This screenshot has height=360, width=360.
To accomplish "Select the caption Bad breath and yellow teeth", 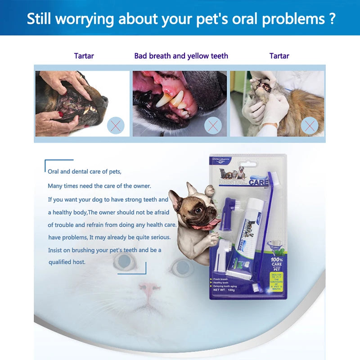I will coord(181,56).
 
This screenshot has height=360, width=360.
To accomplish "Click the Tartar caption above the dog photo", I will coord(84,56).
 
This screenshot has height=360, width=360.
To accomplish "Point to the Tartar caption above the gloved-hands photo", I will coord(279,56).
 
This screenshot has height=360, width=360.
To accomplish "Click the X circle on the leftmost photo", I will coord(116,125).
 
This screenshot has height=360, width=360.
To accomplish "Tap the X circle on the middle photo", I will coord(213,125).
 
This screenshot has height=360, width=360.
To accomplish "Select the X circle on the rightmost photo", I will coord(310,125).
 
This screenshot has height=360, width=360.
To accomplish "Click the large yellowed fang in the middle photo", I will coord(164,99).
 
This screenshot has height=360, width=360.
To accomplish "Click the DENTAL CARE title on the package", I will coord(243,183).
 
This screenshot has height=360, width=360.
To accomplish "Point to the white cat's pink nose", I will coord(148,288).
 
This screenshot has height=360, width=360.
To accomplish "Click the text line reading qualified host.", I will coord(67,261).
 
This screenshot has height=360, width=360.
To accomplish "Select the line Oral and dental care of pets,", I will coord(85,171).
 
